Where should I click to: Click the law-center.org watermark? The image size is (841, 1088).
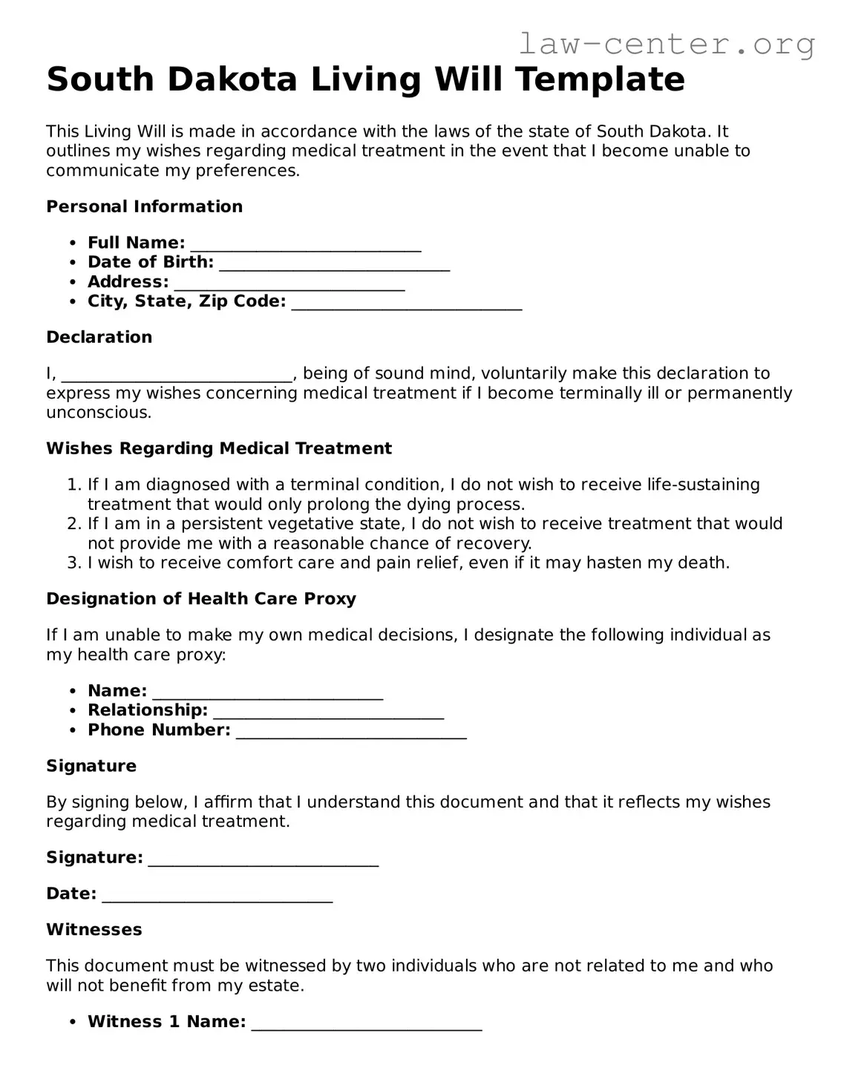pos(666,45)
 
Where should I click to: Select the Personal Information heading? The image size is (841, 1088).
pos(144,206)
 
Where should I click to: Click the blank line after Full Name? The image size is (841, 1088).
pos(306,246)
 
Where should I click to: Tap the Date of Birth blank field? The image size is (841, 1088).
pos(335,265)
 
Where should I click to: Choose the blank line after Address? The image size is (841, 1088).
pos(289,284)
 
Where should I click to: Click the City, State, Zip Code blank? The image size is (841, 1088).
pos(407,304)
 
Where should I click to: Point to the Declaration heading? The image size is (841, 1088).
pos(99,337)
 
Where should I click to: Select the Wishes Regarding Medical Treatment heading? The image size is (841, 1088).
pos(219,448)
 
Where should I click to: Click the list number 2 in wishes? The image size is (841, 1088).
pos(73,524)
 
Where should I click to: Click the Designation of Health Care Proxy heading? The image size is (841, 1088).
pos(201,599)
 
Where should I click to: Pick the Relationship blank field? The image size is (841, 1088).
pos(328,713)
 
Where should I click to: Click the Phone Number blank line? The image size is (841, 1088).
pos(351,733)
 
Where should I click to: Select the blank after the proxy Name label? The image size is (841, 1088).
pos(267,694)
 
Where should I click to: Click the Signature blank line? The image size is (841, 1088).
pos(264,860)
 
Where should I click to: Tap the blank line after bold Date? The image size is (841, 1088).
pos(217,897)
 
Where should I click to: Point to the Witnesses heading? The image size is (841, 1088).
pos(94,929)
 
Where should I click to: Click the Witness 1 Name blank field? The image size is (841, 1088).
pos(367,1025)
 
